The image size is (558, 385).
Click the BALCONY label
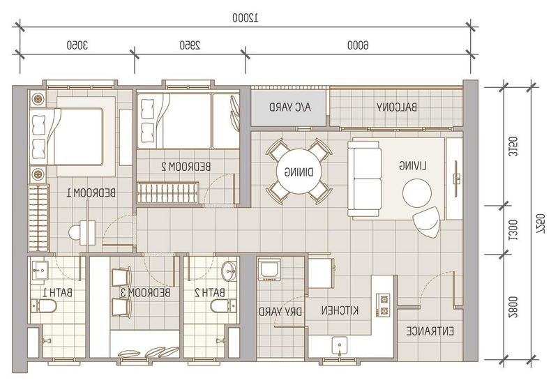click(x=397, y=107)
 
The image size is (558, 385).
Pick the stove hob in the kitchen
click(x=383, y=305)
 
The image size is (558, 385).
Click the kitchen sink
click(x=341, y=345)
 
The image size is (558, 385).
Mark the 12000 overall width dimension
click(x=245, y=19)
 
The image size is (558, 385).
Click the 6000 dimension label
click(x=356, y=45)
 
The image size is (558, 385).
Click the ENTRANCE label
click(x=428, y=331)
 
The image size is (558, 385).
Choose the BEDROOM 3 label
click(x=146, y=293)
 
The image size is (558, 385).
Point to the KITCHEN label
click(x=341, y=310)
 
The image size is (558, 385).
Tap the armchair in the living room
click(x=426, y=221)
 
